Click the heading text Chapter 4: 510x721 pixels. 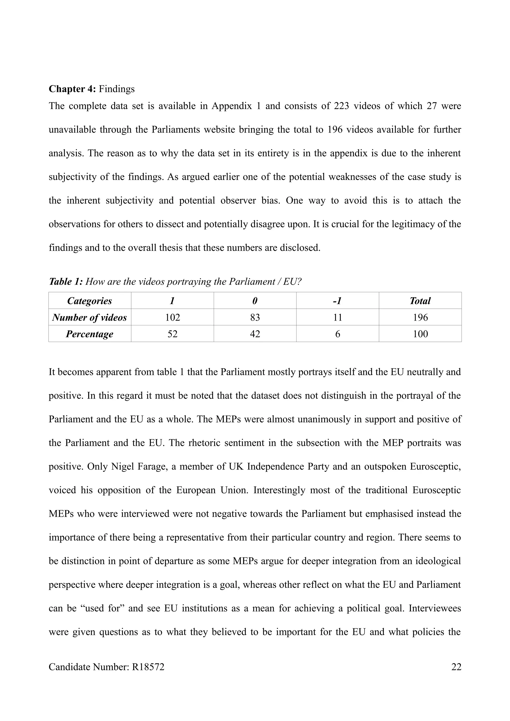pyautogui.click(x=72, y=89)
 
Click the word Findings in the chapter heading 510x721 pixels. pyautogui.click(x=117, y=89)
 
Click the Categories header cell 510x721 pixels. pyautogui.click(x=90, y=301)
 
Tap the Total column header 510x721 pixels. pyautogui.click(x=420, y=301)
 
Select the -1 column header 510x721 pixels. pyautogui.click(x=337, y=301)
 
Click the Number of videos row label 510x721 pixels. pyautogui.click(x=90, y=317)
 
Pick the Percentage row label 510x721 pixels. pyautogui.click(x=90, y=334)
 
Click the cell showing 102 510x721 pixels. pyautogui.click(x=173, y=317)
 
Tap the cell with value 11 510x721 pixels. pyautogui.click(x=337, y=317)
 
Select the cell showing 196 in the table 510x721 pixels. pyautogui.click(x=420, y=317)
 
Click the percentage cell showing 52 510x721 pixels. pyautogui.click(x=173, y=334)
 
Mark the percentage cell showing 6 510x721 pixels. pyautogui.click(x=337, y=334)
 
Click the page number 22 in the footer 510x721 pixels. pyautogui.click(x=456, y=667)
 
